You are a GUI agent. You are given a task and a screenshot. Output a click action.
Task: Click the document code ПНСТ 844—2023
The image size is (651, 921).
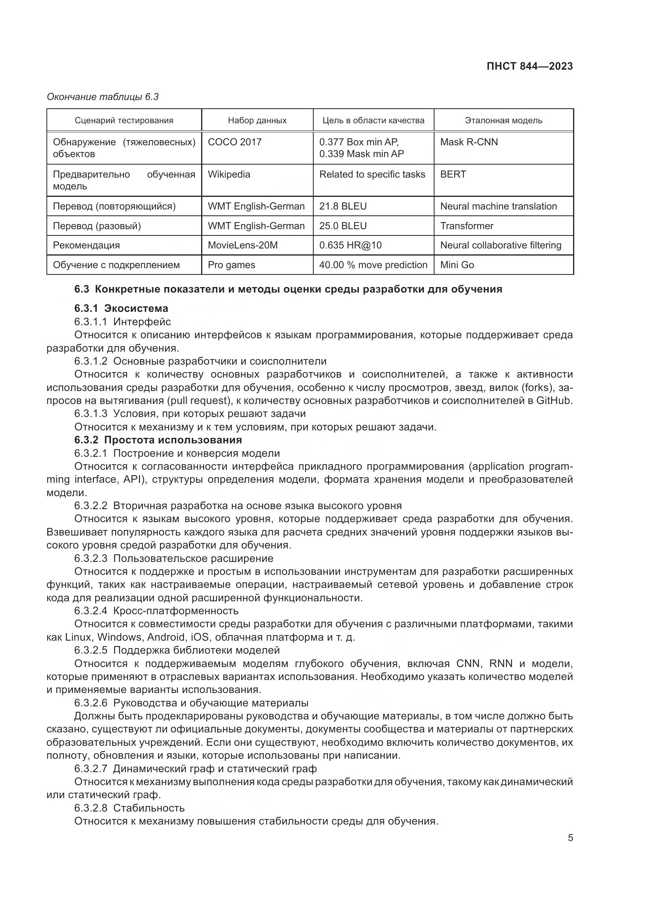pos(529,66)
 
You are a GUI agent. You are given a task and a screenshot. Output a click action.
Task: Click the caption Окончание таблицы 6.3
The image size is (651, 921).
pos(103,97)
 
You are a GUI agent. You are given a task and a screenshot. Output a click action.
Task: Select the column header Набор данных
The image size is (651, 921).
pos(257,120)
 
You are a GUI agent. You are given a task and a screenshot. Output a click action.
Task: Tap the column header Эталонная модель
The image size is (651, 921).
pos(503,120)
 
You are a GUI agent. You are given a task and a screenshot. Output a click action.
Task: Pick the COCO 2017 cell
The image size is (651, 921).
pos(235,142)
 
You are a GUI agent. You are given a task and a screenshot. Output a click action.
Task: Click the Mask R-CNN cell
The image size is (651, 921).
pos(469,142)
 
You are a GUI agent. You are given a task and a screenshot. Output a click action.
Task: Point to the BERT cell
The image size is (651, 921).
pos(453,174)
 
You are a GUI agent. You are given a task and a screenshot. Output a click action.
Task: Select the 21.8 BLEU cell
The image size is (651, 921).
pos(343,206)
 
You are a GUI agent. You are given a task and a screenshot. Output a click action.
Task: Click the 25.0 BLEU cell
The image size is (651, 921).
pos(343,226)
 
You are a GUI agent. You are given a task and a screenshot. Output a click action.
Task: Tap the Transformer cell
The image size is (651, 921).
pos(467,226)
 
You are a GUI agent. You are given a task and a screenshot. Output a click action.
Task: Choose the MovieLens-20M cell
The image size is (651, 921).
pos(242,245)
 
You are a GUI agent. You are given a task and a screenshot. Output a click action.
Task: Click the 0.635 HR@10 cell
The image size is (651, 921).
pos(350,245)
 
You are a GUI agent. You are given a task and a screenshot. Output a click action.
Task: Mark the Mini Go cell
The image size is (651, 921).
pos(457,265)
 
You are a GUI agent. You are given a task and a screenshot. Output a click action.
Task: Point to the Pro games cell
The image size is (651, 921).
pos(231,265)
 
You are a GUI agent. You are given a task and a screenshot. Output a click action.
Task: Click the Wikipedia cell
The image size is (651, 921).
pos(229,174)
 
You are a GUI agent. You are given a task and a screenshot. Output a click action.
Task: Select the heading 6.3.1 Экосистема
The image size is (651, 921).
pos(121,308)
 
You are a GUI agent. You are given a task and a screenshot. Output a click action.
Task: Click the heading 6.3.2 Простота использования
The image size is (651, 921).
pos(158,440)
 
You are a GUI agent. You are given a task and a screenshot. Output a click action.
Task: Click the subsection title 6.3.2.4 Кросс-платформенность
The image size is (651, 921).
pos(156,611)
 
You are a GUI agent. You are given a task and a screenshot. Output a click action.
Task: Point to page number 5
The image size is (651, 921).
pos(570,838)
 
